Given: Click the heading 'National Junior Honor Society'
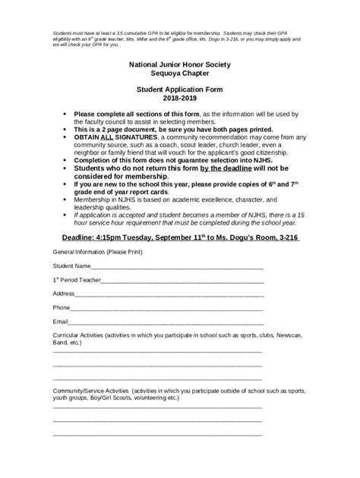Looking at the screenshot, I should pyautogui.click(x=179, y=67).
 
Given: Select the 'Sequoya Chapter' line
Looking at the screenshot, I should pyautogui.click(x=179, y=75).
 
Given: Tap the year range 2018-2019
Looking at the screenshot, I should pyautogui.click(x=179, y=98).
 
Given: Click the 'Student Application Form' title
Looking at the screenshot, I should pyautogui.click(x=179, y=90).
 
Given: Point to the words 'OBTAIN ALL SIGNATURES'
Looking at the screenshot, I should pyautogui.click(x=110, y=137).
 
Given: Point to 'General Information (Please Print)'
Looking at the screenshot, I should pyautogui.click(x=97, y=251).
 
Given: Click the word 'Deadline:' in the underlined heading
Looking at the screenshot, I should pyautogui.click(x=80, y=237).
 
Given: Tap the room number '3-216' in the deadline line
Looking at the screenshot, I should pyautogui.click(x=289, y=237).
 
